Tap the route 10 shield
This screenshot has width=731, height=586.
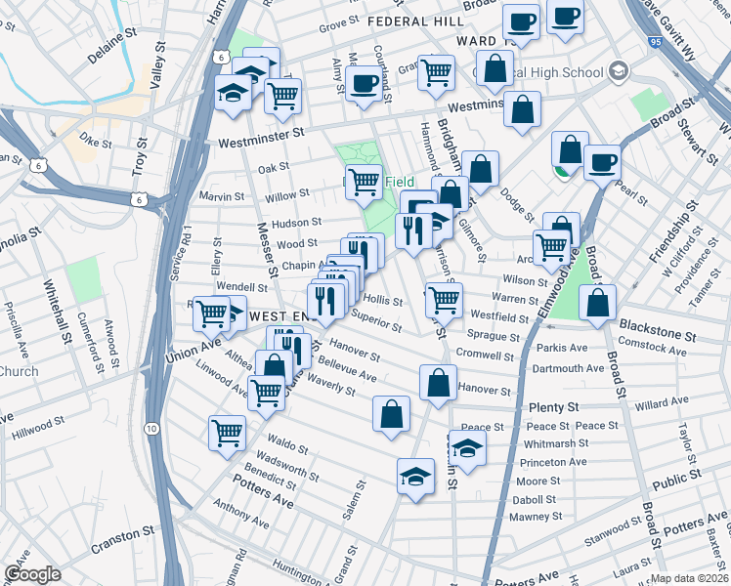[x=150, y=428]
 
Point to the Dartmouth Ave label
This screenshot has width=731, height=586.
[x=568, y=368]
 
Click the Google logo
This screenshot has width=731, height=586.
[x=32, y=573]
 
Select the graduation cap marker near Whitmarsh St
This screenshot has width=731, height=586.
[x=468, y=449]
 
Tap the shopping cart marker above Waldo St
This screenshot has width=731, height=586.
[x=227, y=431]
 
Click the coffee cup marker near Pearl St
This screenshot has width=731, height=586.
[x=602, y=161]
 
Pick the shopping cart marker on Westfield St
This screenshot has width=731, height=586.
[x=444, y=300]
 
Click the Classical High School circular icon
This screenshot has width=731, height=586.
[x=618, y=71]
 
